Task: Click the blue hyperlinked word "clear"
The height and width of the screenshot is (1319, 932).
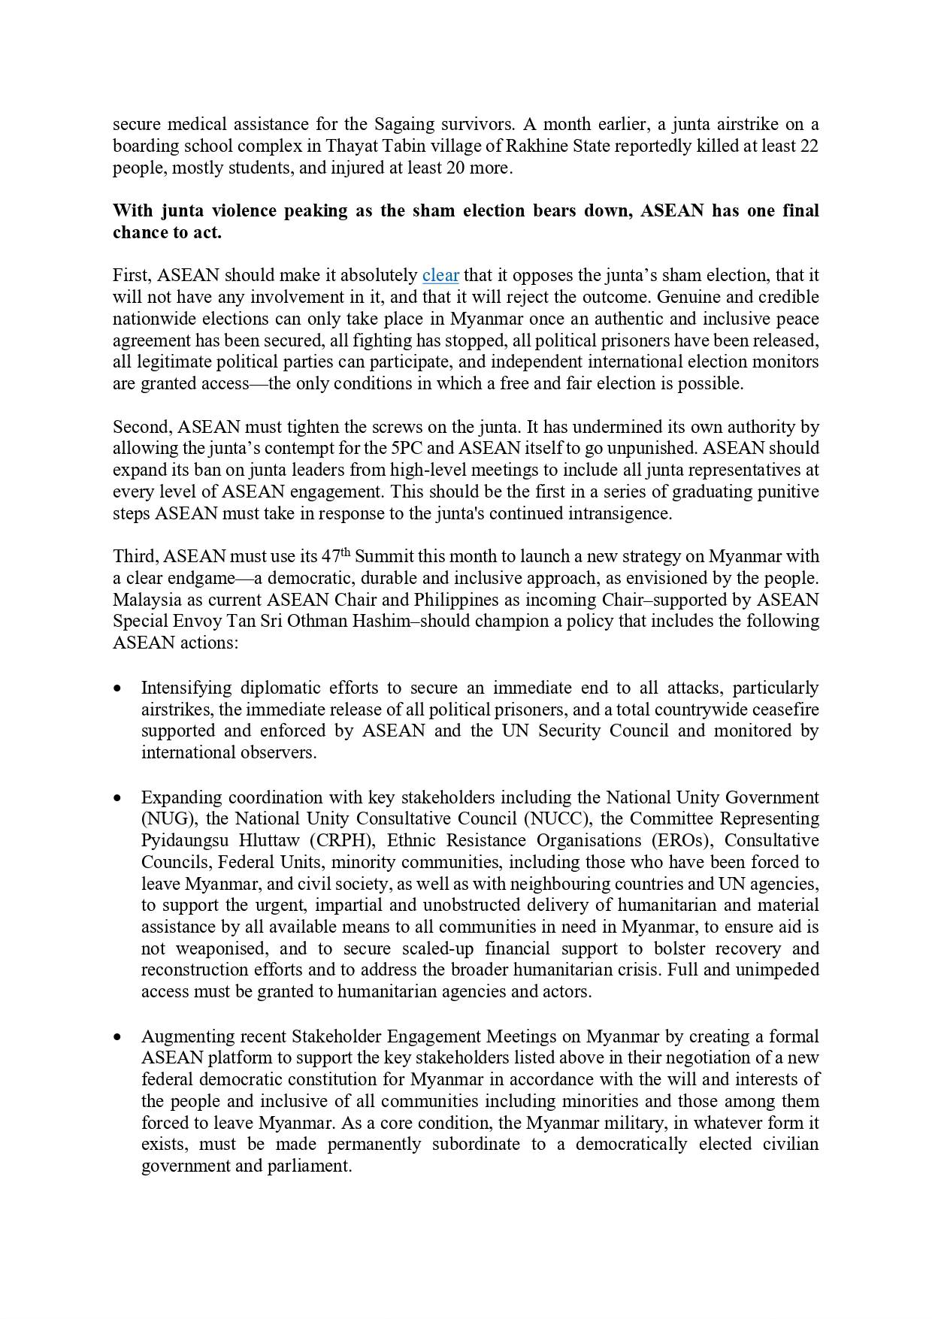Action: pyautogui.click(x=440, y=276)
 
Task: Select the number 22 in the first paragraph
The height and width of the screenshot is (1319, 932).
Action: pyautogui.click(x=809, y=146)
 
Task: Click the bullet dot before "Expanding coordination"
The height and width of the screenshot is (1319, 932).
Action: pyautogui.click(x=117, y=797)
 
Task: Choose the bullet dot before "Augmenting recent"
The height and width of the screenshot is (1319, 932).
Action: pyautogui.click(x=117, y=1036)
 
